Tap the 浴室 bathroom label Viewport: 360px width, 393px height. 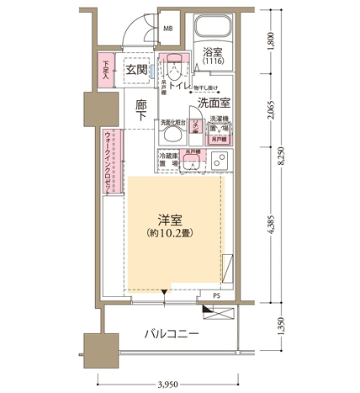[x=212, y=54]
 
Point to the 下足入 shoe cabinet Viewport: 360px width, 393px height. [x=107, y=69]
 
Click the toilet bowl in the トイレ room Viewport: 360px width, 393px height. [x=174, y=67]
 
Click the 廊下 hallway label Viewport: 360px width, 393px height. [x=142, y=114]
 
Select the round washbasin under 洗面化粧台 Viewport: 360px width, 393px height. [x=172, y=134]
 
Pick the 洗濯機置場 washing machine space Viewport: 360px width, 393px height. [x=220, y=126]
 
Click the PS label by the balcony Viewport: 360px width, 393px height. [x=216, y=296]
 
